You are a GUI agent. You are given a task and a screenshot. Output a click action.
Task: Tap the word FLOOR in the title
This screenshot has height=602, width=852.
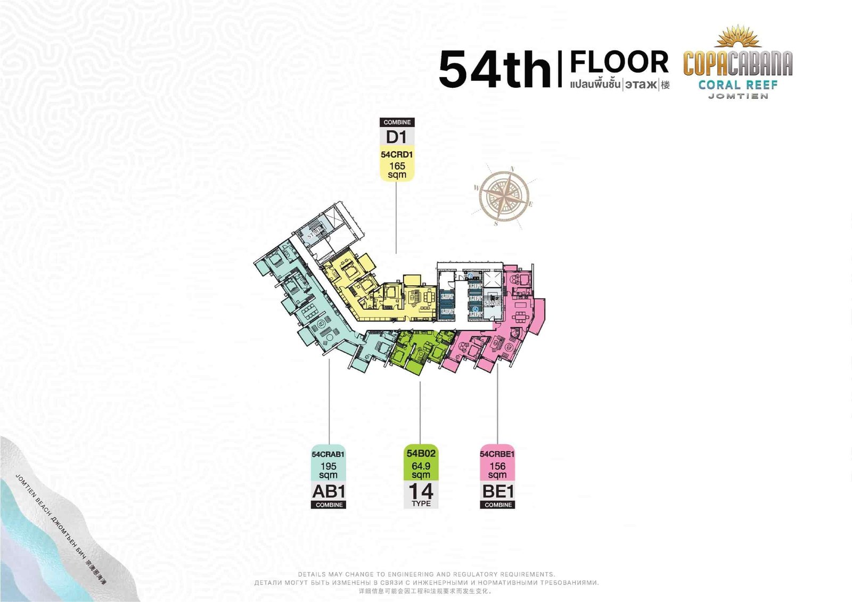pos(619,62)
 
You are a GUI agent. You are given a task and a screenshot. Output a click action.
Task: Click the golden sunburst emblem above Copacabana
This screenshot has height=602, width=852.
pos(738,36)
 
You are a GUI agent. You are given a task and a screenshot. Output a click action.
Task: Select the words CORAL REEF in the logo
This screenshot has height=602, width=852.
pos(738,85)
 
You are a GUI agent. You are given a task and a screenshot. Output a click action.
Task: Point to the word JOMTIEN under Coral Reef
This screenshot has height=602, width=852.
pos(738,96)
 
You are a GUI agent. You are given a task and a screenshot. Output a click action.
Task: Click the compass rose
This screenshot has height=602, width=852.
pos(504,195)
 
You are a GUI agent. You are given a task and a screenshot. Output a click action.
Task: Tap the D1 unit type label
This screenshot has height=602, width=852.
pos(397,137)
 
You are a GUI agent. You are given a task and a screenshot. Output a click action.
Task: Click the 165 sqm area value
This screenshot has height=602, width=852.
pos(397,170)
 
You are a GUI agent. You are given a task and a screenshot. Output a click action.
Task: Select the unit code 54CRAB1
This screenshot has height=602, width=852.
pos(328,454)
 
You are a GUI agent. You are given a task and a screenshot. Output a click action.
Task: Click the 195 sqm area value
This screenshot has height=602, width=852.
pos(328,471)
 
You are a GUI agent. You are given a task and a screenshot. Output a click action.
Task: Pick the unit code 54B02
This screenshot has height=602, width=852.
pos(421,453)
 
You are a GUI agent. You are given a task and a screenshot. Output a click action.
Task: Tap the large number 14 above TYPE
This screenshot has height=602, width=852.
pos(421,491)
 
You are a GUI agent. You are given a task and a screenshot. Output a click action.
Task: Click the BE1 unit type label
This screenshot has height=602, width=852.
pos(497,491)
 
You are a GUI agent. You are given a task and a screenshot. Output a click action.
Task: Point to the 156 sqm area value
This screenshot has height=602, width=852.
pos(497,471)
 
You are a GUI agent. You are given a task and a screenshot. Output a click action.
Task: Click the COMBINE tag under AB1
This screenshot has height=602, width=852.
pos(329,505)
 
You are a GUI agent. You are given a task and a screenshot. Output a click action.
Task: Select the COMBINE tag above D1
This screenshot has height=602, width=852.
pos(397,122)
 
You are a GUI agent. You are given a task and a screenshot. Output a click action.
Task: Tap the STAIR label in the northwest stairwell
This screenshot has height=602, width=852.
pos(315,232)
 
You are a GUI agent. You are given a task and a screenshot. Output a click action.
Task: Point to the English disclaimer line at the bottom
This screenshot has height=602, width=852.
pos(426,574)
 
